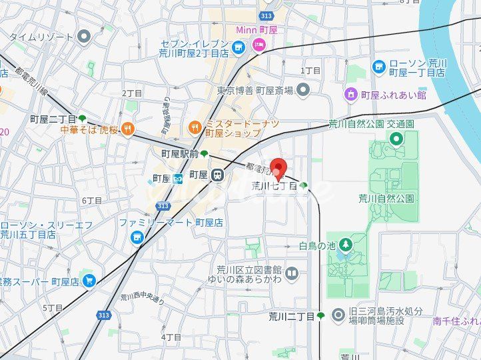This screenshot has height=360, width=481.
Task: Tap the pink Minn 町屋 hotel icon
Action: (258, 45)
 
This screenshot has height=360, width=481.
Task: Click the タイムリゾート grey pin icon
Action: (84, 36)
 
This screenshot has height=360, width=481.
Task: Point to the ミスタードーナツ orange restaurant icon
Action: (195, 125)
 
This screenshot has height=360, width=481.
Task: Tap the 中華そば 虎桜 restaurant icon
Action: (127, 129)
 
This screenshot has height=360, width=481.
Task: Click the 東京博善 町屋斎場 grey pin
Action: (303, 89)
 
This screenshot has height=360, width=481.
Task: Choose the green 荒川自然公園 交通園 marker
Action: (396, 139)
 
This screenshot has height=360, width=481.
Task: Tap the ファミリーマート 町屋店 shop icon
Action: (137, 237)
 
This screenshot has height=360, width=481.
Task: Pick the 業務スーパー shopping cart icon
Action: (89, 281)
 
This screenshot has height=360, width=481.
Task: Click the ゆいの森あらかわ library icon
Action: (292, 273)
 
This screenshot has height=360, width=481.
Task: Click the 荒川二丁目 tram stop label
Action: (292, 316)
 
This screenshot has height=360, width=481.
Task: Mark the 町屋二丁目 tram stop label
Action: (53, 119)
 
